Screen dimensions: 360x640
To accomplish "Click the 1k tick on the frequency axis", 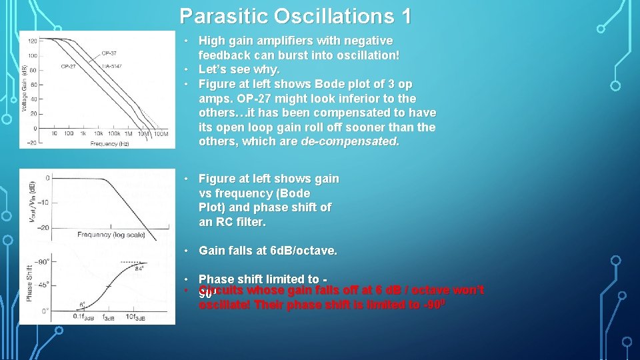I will point(83,134).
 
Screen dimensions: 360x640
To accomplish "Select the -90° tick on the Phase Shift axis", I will point(43,262).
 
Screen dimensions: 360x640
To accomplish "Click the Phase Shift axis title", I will point(29,283).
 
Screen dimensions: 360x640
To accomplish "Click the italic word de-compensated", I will point(350,141).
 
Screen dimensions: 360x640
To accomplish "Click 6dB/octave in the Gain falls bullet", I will point(303,251).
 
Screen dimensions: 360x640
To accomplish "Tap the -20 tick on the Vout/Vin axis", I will point(43,227).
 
